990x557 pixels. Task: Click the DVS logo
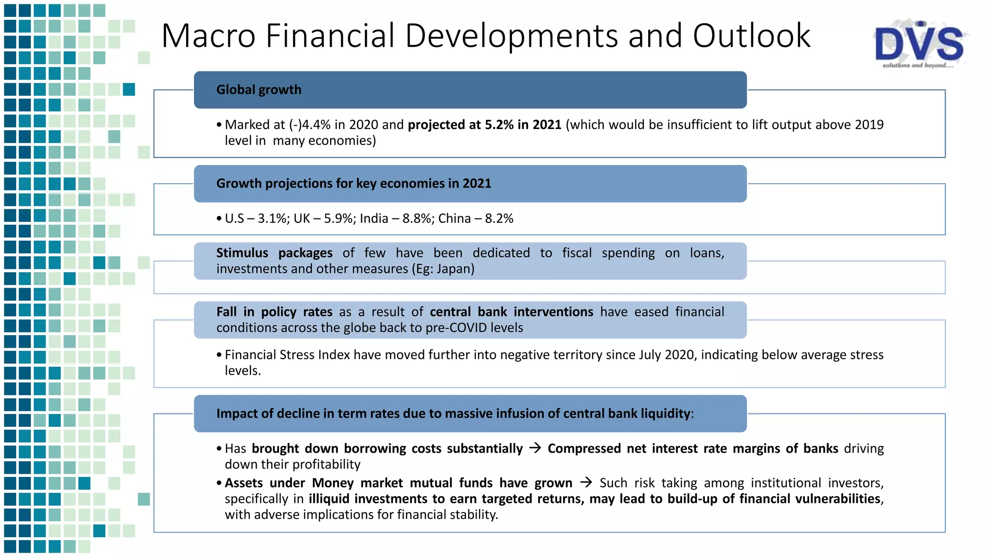pos(919,44)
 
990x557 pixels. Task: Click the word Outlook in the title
pos(751,36)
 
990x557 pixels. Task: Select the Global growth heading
pos(259,90)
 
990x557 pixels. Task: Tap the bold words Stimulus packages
pos(274,253)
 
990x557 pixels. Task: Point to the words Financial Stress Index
pos(287,355)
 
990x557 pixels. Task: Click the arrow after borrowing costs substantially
pos(535,448)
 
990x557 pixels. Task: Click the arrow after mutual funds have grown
pos(586,483)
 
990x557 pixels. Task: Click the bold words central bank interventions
pos(511,312)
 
